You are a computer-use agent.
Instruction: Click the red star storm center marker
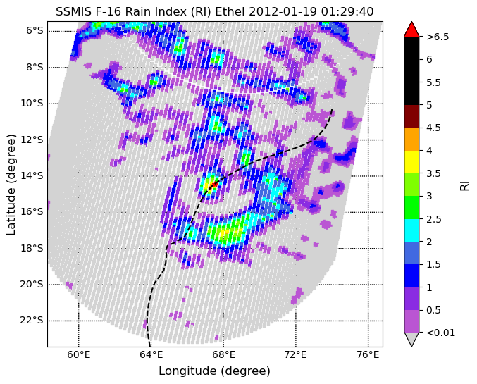click(215, 184)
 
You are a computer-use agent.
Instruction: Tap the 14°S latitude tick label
click(32, 176)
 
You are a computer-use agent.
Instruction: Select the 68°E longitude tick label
click(223, 354)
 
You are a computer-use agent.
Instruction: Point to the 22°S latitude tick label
click(32, 321)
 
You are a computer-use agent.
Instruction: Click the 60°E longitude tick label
click(79, 354)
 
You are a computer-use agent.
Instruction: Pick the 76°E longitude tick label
click(368, 354)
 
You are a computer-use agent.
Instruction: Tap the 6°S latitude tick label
click(35, 31)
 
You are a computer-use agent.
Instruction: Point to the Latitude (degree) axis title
click(11, 185)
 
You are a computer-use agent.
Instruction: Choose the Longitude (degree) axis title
click(214, 371)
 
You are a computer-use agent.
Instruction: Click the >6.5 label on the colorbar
click(438, 37)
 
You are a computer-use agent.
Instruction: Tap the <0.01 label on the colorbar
click(441, 333)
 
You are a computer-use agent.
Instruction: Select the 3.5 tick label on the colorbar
click(433, 173)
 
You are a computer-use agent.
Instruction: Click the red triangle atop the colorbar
click(411, 29)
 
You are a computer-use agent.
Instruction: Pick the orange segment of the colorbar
click(411, 139)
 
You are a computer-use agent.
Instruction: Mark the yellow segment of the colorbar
click(411, 162)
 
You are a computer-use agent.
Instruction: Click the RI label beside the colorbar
click(464, 185)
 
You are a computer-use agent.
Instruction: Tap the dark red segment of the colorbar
click(411, 116)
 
